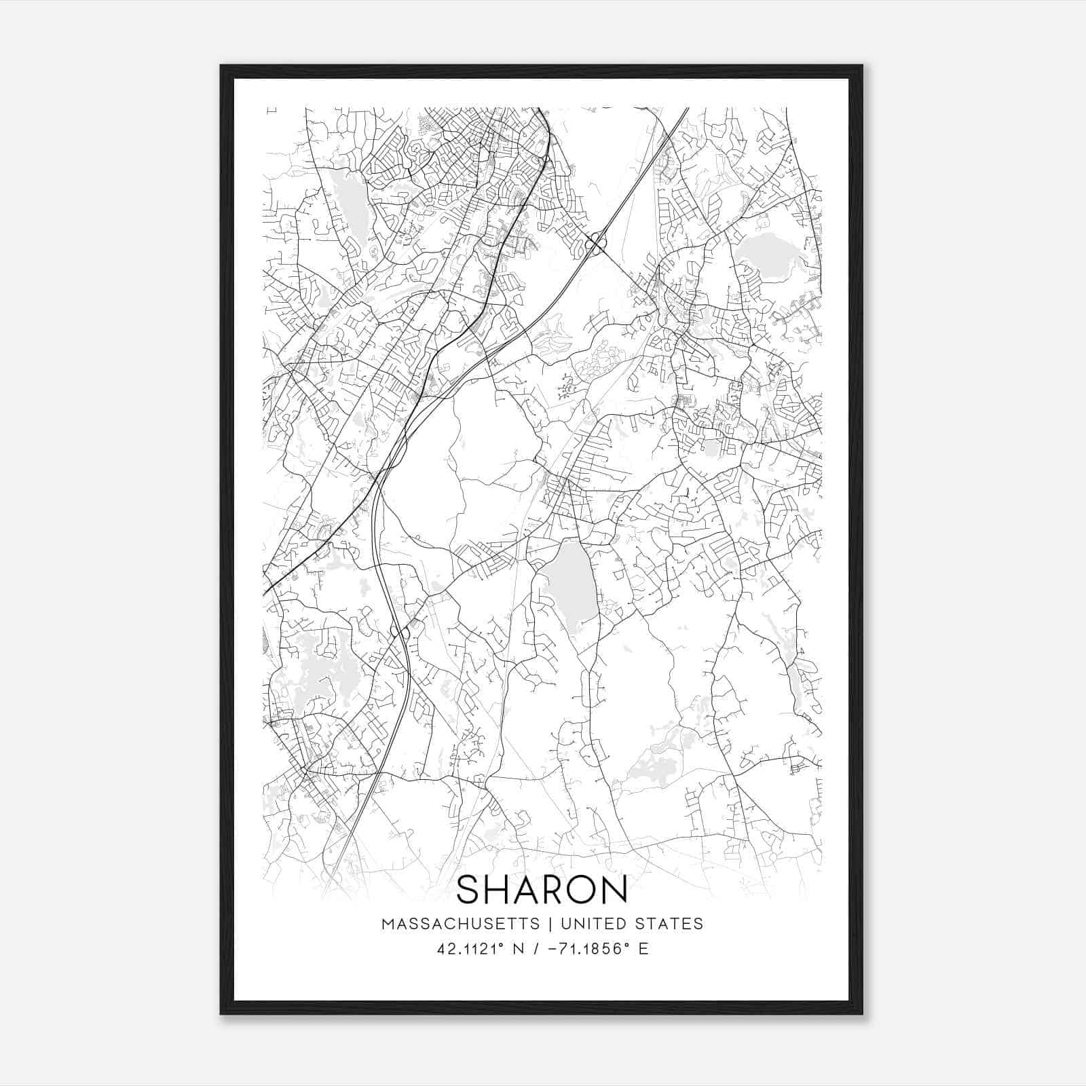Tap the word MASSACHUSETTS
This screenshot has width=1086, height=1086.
(461, 924)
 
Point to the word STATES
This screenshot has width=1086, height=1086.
(671, 924)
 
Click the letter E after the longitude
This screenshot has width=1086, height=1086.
(643, 948)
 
